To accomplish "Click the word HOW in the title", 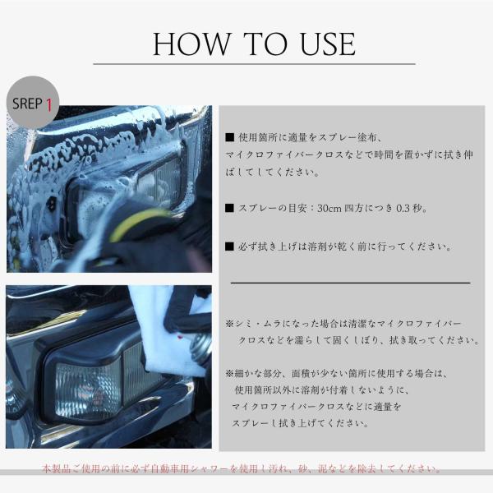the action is pyautogui.click(x=191, y=44).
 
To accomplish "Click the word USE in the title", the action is pyautogui.click(x=328, y=44).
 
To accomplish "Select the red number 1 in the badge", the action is pyautogui.click(x=49, y=104).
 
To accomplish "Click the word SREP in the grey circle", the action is pyautogui.click(x=27, y=104).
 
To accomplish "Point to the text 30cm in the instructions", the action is pyautogui.click(x=329, y=208).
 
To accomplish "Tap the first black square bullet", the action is pyautogui.click(x=230, y=137).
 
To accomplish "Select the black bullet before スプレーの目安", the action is pyautogui.click(x=230, y=208).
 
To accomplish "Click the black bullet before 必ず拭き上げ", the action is pyautogui.click(x=230, y=246).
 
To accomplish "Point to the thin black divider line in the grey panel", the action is pyautogui.click(x=351, y=283).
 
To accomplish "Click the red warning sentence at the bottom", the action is pyautogui.click(x=241, y=469).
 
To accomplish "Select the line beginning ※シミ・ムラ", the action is pyautogui.click(x=343, y=324).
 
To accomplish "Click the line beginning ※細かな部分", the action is pyautogui.click(x=336, y=374).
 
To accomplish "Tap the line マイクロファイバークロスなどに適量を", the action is pyautogui.click(x=316, y=407).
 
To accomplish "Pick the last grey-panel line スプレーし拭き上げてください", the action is pyautogui.click(x=301, y=423).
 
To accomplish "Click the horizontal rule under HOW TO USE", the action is pyautogui.click(x=255, y=64).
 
